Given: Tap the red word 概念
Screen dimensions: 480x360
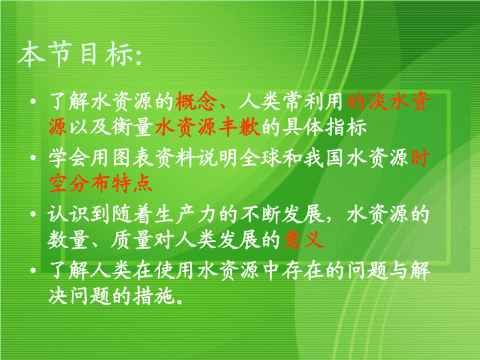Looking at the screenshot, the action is [196, 101].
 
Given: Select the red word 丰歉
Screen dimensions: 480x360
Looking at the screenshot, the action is [239, 127].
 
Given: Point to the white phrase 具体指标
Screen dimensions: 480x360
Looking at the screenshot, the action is [325, 127].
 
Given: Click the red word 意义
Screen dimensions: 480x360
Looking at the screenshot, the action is [303, 239].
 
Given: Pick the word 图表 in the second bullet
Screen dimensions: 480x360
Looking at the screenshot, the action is [133, 159].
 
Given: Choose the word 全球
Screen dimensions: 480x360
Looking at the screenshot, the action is [260, 159].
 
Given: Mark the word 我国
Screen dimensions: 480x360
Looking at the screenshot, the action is [324, 159].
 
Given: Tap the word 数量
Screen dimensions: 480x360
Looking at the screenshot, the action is [69, 239].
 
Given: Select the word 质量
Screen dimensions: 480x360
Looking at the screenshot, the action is [132, 239].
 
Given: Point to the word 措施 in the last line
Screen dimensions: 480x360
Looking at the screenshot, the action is [154, 296].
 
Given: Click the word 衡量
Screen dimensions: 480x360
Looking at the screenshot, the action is [132, 127].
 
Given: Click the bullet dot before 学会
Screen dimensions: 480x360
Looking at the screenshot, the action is [33, 157].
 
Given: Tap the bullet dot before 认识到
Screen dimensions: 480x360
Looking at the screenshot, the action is [33, 214].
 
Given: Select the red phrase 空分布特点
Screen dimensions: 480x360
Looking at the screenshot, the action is [101, 184].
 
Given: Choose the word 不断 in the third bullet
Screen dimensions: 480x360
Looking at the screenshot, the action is [260, 214].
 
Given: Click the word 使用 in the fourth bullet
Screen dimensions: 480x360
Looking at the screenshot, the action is [175, 271].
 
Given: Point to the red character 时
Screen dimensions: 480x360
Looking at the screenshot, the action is [420, 159].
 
